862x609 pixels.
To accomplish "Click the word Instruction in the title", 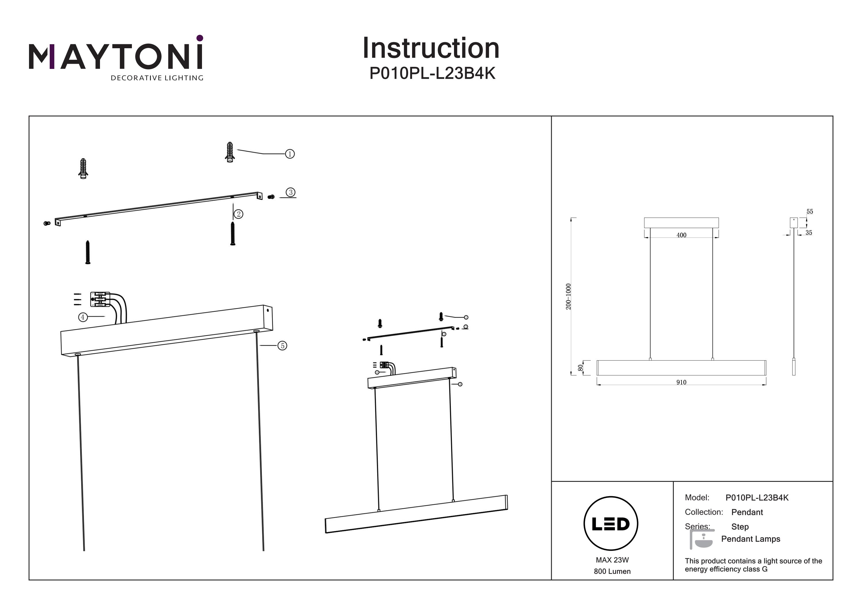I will pyautogui.click(x=431, y=49).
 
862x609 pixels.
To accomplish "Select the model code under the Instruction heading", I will pyautogui.click(x=432, y=74).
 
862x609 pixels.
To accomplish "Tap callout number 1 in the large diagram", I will pyautogui.click(x=290, y=154).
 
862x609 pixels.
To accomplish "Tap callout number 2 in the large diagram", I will pyautogui.click(x=238, y=214).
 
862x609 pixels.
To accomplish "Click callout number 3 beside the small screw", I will pyautogui.click(x=290, y=192).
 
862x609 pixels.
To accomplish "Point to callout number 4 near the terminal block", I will pyautogui.click(x=82, y=317).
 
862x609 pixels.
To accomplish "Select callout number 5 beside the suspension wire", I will pyautogui.click(x=282, y=346).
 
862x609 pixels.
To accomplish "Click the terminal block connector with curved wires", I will pyautogui.click(x=100, y=299).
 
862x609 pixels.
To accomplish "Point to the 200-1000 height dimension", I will pyautogui.click(x=568, y=296).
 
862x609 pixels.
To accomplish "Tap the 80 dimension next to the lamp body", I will pyautogui.click(x=580, y=368).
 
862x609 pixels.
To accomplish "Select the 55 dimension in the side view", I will pyautogui.click(x=810, y=212).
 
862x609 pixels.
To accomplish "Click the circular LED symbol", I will pyautogui.click(x=611, y=524).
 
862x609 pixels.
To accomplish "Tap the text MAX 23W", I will pyautogui.click(x=612, y=560).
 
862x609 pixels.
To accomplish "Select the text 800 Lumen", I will pyautogui.click(x=612, y=571).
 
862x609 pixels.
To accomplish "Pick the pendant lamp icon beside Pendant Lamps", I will pyautogui.click(x=701, y=540).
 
